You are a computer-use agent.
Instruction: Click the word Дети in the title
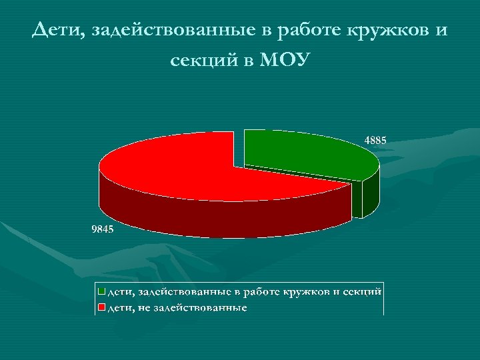pos(58,31)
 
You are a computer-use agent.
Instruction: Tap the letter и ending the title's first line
pos(442,31)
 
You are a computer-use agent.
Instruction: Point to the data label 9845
pos(103,230)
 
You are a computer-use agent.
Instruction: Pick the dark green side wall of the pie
pos(368,197)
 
